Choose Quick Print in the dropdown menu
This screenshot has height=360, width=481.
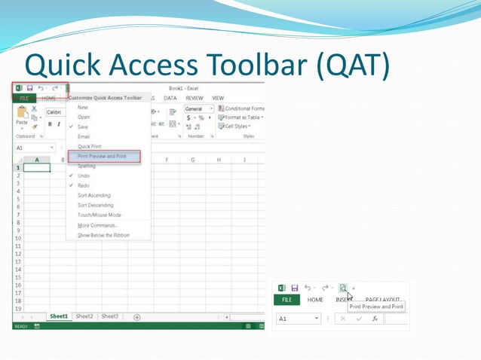tap(90, 146)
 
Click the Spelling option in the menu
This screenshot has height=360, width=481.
tap(87, 166)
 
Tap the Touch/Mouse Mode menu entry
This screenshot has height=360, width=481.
tap(99, 215)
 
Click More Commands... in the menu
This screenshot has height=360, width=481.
tap(97, 225)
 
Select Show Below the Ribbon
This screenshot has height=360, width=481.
tap(103, 235)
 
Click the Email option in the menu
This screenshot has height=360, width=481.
tap(84, 136)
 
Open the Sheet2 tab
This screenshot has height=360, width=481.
tap(84, 316)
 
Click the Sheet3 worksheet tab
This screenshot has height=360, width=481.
tap(110, 316)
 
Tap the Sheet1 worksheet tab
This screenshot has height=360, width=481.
tap(59, 316)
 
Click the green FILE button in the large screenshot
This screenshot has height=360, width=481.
tap(24, 98)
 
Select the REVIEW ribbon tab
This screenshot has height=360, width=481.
tap(195, 98)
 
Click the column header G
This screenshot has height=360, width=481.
tap(193, 160)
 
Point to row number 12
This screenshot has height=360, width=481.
tap(17, 254)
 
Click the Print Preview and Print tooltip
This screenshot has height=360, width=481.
tap(375, 307)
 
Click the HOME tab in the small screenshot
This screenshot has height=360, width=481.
tap(315, 300)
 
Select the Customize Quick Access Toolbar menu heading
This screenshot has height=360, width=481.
tap(106, 98)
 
